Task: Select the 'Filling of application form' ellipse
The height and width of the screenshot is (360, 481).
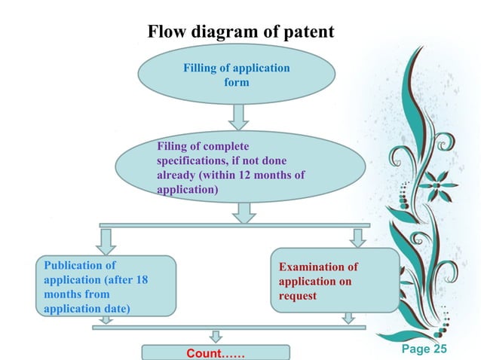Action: [236, 75]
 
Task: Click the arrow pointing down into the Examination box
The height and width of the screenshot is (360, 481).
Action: [358, 237]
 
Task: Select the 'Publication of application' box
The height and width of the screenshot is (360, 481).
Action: [106, 286]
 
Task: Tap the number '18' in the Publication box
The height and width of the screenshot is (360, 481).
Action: [140, 279]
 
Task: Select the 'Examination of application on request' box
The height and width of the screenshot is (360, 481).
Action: [335, 281]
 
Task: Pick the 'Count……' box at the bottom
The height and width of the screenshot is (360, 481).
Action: [216, 352]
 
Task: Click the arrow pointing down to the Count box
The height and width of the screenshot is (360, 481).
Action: [216, 336]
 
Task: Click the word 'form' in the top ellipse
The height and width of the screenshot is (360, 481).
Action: [236, 82]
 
